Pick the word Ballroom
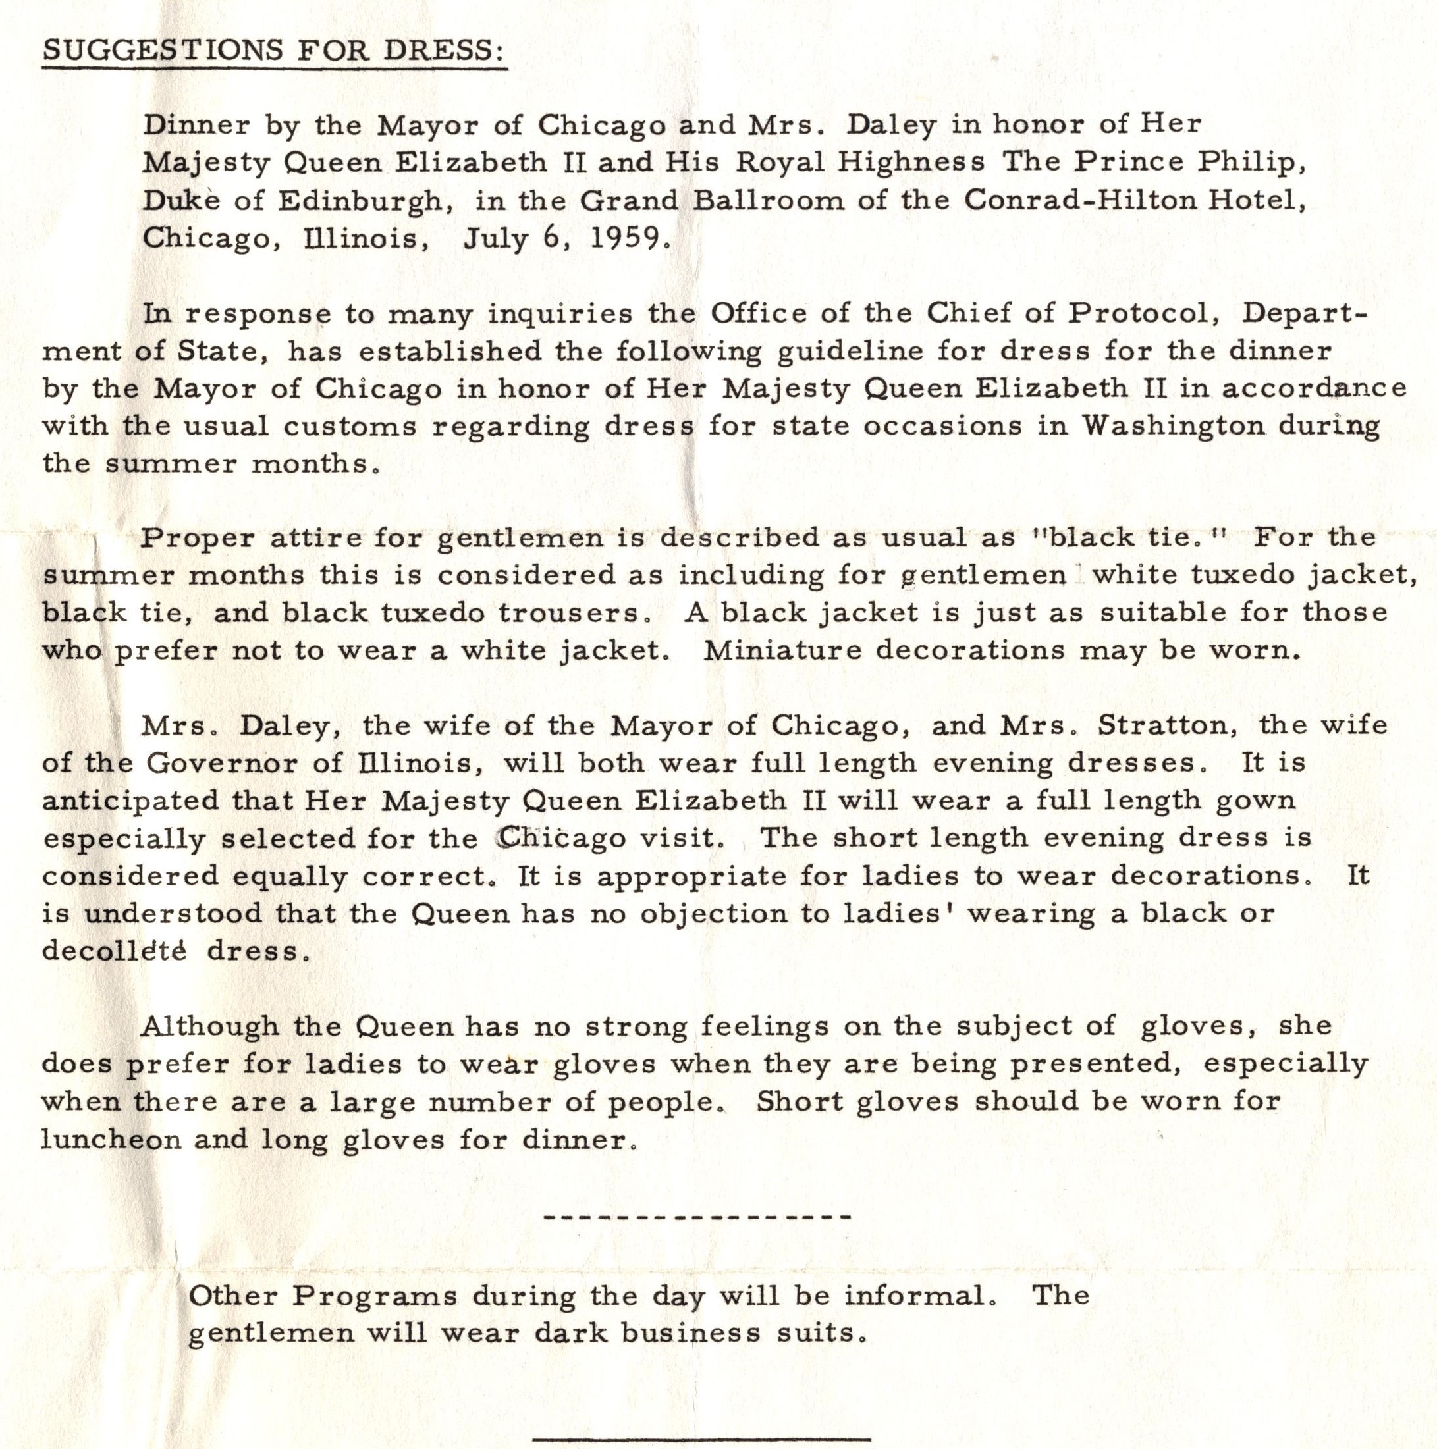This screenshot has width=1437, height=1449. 768,200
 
